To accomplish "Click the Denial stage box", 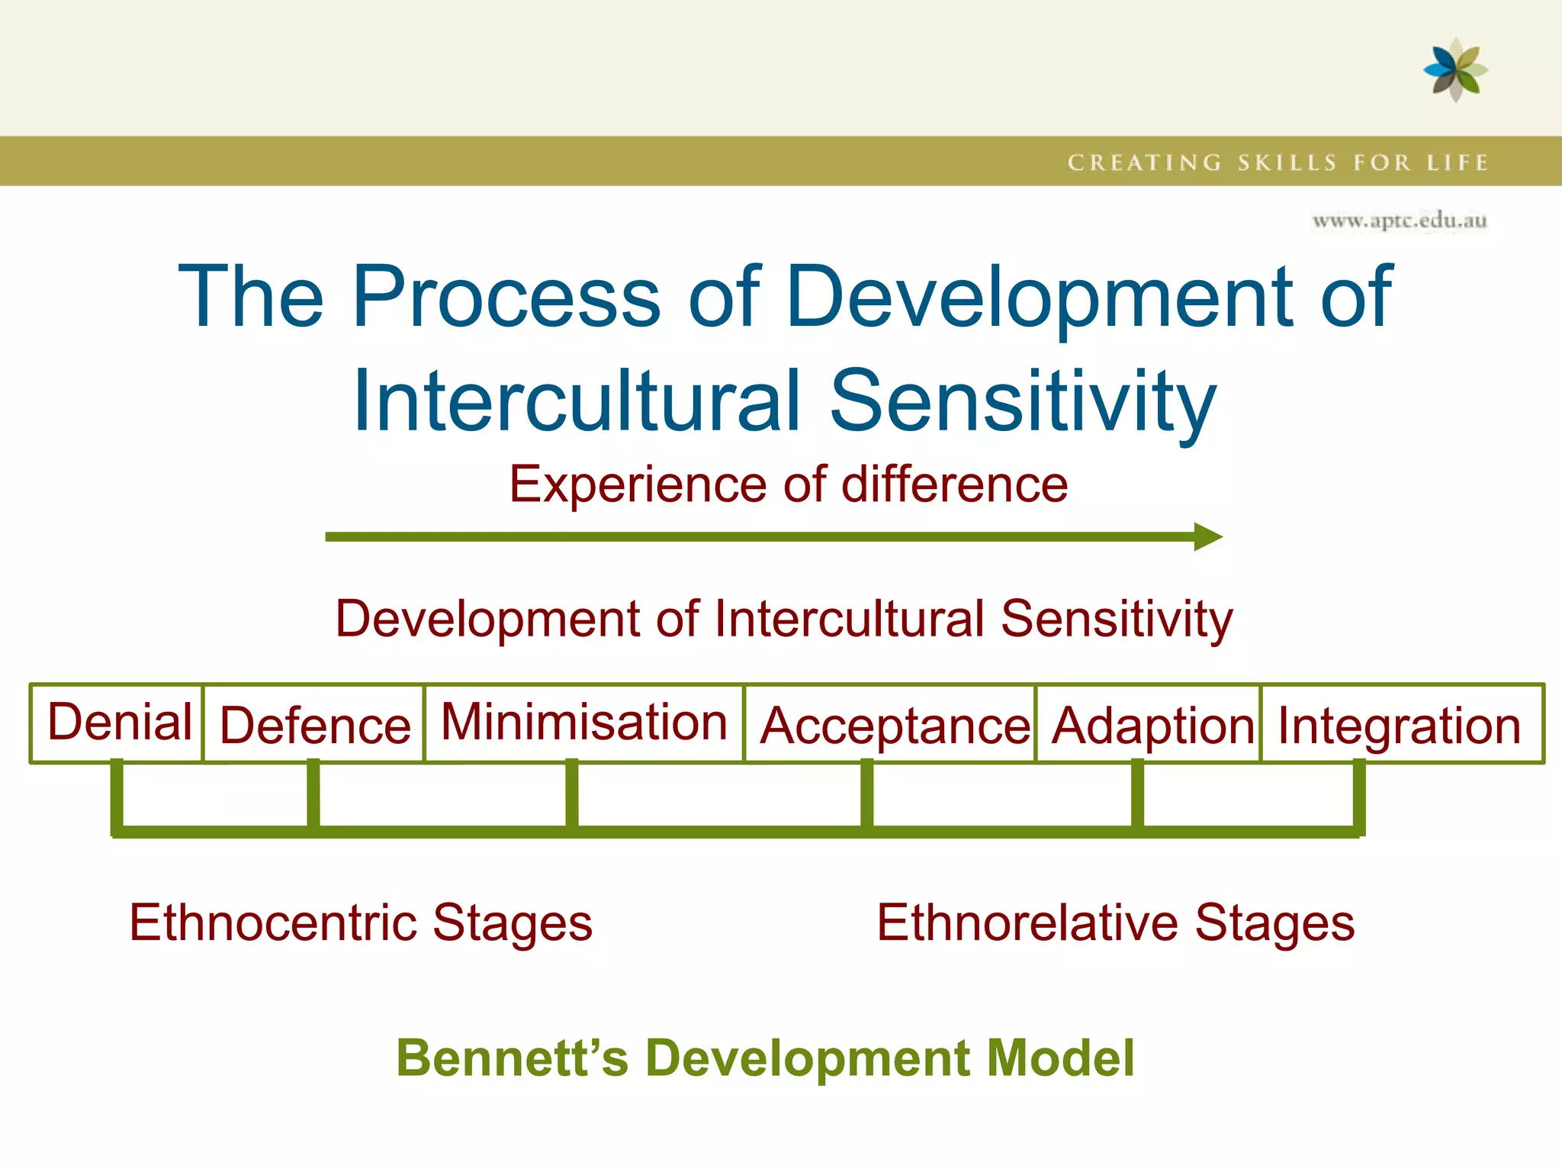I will [117, 723].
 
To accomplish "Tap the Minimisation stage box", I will [583, 722].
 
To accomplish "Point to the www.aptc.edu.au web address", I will [1399, 221].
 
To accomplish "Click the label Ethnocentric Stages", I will [361, 922].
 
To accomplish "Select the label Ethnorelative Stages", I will [1115, 922].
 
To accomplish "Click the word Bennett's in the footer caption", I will [512, 1058].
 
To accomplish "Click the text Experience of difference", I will [788, 485].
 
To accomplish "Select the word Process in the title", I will [506, 296].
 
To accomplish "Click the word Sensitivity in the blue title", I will [1022, 401].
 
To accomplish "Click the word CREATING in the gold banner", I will [1144, 163].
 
